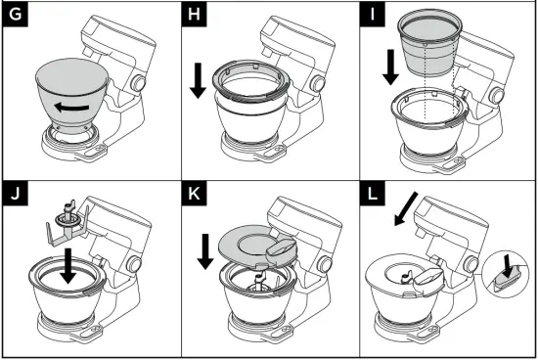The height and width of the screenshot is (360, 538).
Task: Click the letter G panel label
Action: (16, 16)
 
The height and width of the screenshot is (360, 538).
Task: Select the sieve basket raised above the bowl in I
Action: (431, 42)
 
